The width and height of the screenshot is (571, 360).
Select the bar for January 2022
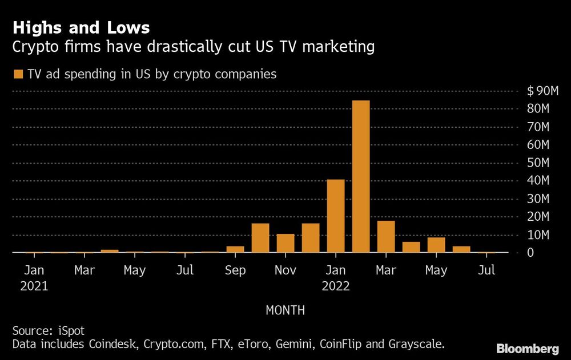click(336, 216)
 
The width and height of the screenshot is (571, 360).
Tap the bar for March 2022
click(386, 237)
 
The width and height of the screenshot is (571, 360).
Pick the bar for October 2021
click(260, 238)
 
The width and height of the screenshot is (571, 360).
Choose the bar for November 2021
click(285, 243)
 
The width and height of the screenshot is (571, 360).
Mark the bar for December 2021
click(311, 238)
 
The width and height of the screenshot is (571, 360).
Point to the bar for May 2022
click(436, 245)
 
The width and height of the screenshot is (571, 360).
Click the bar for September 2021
click(235, 249)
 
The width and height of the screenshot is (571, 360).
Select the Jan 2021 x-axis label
click(34, 278)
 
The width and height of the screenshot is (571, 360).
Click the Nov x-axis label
click(285, 270)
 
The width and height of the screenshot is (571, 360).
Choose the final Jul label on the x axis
click(486, 270)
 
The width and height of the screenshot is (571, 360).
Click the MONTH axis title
click(285, 310)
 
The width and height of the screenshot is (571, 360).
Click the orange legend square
click(18, 74)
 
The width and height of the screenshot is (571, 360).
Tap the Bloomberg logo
click(527, 348)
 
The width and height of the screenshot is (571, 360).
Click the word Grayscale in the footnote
click(417, 345)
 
